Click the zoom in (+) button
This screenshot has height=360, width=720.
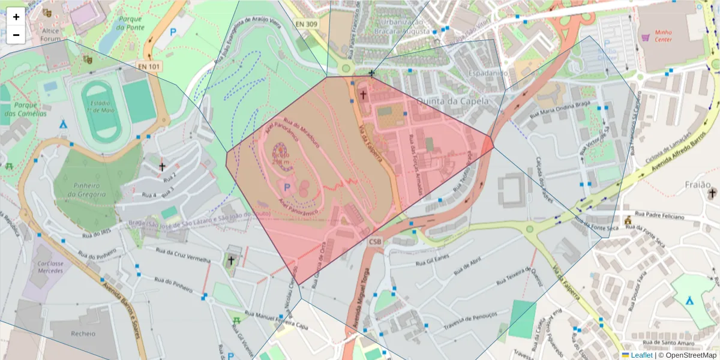(16, 17)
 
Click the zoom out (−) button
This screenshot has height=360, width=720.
(16, 35)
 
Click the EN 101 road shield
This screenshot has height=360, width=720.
(149, 66)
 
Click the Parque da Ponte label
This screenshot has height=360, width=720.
(130, 23)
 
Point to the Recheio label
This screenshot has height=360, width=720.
(82, 333)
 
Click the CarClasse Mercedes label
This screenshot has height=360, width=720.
(49, 267)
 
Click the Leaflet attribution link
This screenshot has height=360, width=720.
(641, 355)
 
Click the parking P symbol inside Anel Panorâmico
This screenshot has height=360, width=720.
(286, 188)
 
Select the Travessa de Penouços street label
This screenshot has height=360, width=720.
(470, 318)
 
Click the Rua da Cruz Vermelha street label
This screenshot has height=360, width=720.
(183, 255)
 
